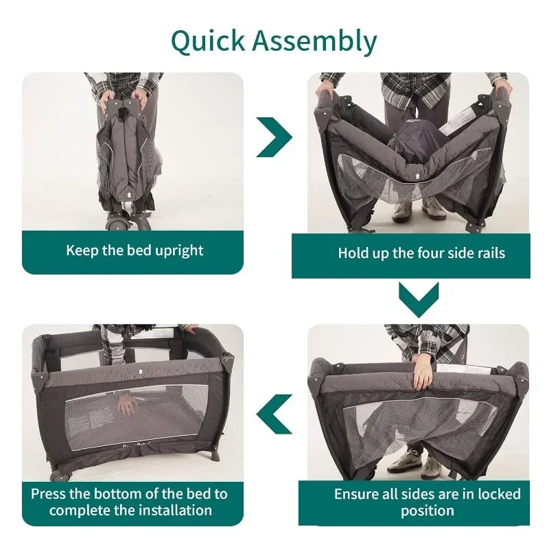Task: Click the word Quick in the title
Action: (208, 41)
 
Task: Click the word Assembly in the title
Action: (314, 41)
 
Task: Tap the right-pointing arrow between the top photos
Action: (274, 137)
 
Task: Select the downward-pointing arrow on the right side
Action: (419, 300)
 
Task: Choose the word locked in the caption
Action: (500, 494)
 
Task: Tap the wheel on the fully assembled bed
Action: (58, 474)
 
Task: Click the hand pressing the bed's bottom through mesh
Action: (127, 405)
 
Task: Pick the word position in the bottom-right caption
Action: (428, 511)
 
